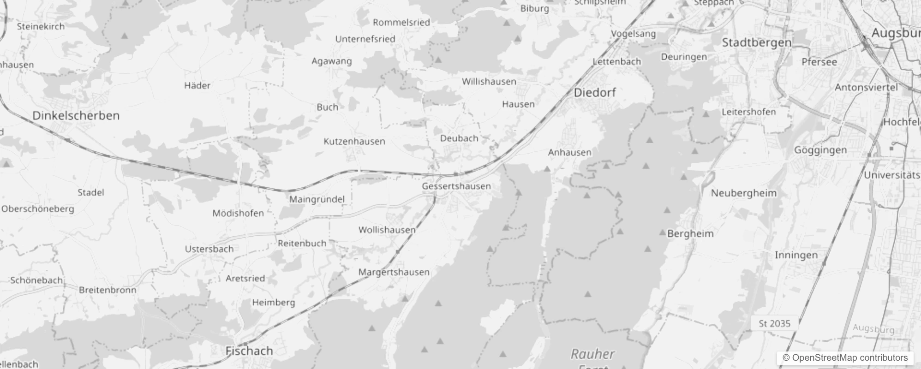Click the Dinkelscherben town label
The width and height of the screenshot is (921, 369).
click(76, 116)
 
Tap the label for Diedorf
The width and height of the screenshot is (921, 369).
click(595, 93)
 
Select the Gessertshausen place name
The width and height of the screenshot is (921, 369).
click(456, 186)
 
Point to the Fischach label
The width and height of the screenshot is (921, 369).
click(249, 351)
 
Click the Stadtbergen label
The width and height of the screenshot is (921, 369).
click(757, 43)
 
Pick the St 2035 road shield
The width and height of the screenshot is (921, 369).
click(775, 324)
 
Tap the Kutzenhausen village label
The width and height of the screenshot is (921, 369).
click(354, 142)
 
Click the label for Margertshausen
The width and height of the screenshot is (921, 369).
click(394, 272)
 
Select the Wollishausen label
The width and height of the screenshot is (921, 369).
click(387, 230)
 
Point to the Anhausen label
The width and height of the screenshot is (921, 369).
click(570, 153)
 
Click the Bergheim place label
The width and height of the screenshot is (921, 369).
click(690, 234)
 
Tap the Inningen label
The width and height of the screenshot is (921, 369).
click(796, 255)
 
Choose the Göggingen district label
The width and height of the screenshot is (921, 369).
click(820, 150)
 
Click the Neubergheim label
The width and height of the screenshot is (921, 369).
click(744, 193)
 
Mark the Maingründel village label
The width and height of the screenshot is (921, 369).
click(317, 200)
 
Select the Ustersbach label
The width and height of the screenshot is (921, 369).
click(209, 249)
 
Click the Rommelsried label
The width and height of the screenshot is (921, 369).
click(401, 23)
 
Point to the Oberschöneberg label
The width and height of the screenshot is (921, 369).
click(37, 209)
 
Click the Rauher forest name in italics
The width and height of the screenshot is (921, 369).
click(593, 354)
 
